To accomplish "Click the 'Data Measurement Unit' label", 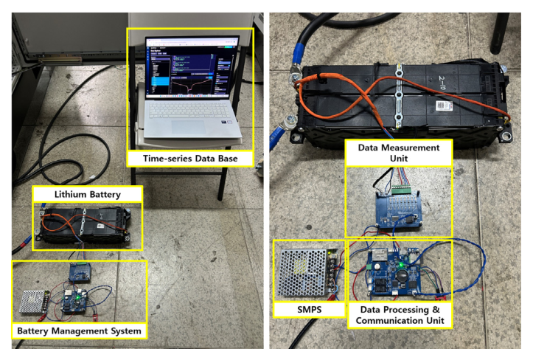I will coord(398,153).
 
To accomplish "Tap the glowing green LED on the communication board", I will coord(400,258).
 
